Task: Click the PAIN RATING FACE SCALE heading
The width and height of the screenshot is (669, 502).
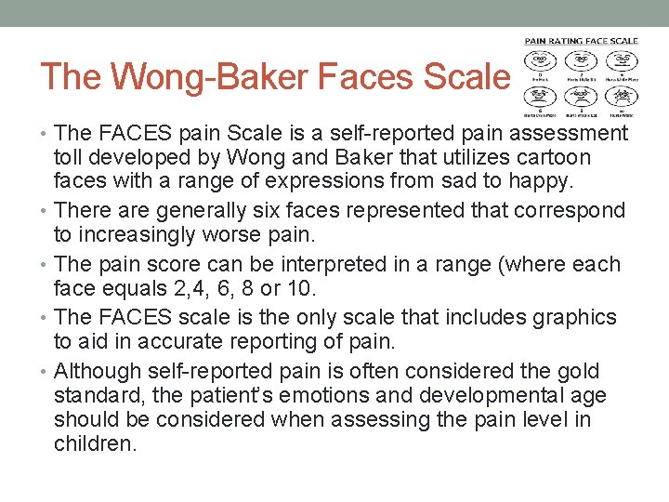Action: click(582, 41)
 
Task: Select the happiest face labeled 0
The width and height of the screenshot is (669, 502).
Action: click(541, 61)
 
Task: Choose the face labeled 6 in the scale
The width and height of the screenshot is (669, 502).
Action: click(541, 96)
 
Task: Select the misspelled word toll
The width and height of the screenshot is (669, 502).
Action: click(71, 158)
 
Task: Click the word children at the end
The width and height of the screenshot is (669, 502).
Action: click(94, 444)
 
